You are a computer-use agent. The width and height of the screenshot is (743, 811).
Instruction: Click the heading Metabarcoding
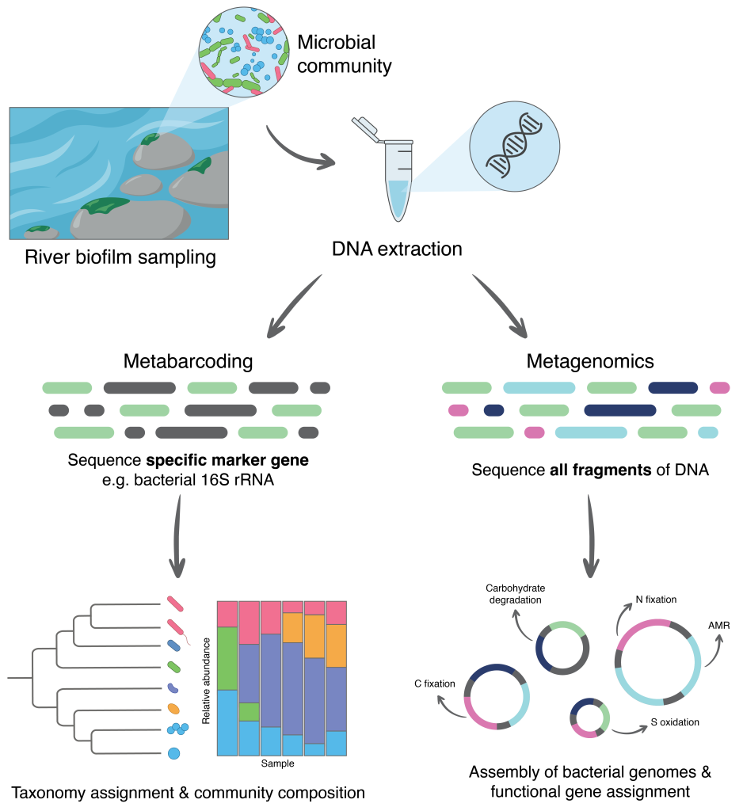188,362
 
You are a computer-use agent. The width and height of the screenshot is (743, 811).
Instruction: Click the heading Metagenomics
590,362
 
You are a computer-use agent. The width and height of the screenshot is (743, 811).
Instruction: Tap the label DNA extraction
397,249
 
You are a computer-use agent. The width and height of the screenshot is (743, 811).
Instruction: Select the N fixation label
656,600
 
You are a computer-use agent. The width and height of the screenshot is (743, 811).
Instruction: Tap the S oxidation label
675,722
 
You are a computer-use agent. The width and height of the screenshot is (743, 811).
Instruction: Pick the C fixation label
433,683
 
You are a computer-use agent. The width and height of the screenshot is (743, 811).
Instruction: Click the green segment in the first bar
227,658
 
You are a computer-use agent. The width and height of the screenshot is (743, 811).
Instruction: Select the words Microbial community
344,54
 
